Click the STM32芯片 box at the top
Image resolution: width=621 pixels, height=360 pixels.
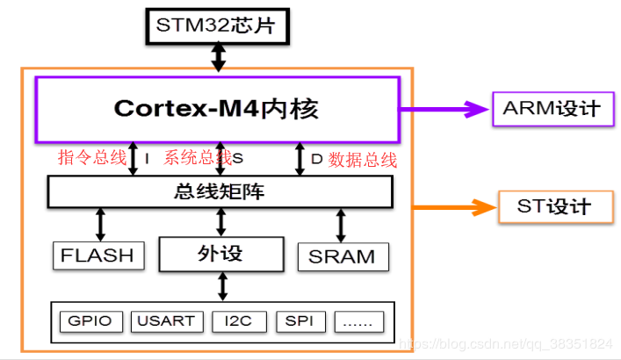click(x=215, y=25)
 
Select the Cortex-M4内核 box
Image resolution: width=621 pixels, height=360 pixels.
click(x=217, y=109)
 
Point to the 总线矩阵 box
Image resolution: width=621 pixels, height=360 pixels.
click(x=220, y=191)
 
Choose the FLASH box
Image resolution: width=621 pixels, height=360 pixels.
click(x=97, y=256)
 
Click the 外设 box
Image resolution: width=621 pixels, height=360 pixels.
click(x=220, y=254)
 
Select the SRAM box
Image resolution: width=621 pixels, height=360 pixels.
click(x=343, y=256)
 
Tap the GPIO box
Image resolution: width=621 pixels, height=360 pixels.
click(x=91, y=320)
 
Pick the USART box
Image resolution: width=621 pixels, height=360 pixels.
click(x=167, y=320)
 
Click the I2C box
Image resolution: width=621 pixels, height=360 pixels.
click(x=238, y=320)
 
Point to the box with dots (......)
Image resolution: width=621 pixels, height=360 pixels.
click(x=357, y=320)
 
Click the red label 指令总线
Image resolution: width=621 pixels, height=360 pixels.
click(x=91, y=158)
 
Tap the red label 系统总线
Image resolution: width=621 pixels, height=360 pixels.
click(x=198, y=158)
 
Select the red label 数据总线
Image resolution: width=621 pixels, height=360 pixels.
click(x=363, y=159)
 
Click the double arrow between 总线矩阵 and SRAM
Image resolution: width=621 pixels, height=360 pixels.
click(x=340, y=226)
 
